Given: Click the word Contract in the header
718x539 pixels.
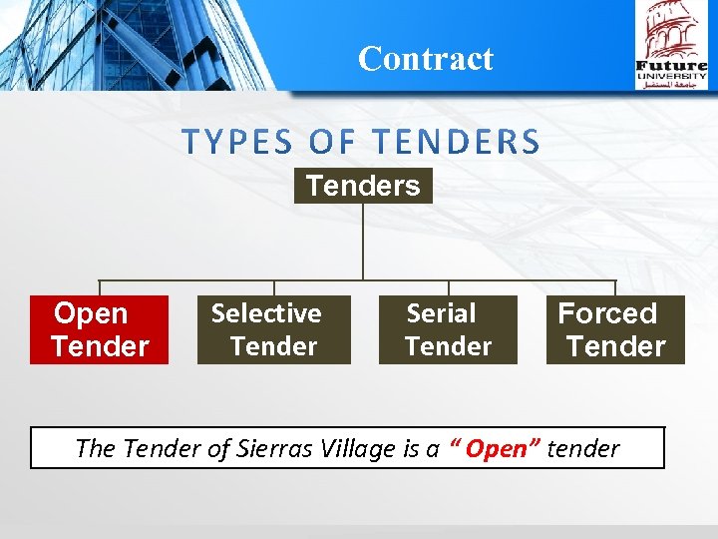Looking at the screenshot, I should click(425, 59).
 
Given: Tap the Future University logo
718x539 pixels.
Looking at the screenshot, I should click(671, 45).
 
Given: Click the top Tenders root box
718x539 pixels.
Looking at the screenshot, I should click(363, 186).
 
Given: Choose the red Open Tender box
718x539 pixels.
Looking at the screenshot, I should click(99, 329).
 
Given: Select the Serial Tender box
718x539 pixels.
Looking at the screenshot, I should click(448, 329).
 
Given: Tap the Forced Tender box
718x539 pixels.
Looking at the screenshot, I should click(615, 329).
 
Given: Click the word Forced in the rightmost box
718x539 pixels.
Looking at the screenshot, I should click(607, 313).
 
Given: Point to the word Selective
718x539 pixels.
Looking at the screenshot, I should click(266, 313).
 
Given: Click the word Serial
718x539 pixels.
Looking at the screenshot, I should click(441, 313).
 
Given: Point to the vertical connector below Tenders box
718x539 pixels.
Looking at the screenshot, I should click(363, 241).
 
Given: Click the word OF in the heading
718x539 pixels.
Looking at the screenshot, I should click(325, 143).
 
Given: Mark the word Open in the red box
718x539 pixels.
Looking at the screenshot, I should click(91, 313).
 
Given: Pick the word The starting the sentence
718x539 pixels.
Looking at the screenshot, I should click(96, 449).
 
